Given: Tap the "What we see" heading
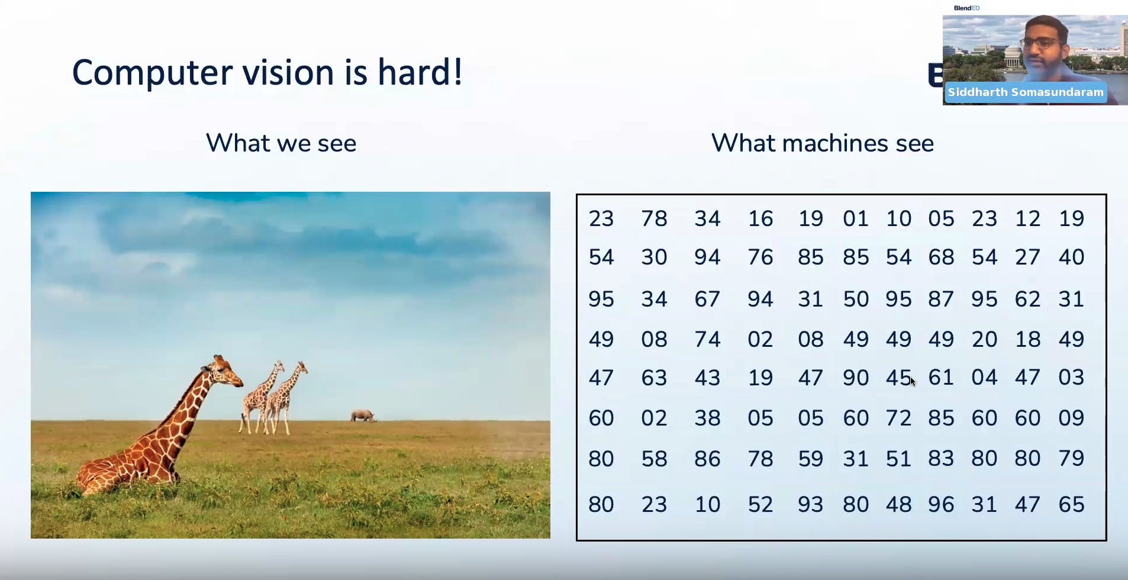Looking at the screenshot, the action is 281,143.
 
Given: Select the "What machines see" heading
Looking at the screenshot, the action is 822,143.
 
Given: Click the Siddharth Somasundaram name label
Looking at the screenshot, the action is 1026,92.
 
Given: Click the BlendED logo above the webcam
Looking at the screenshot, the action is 966,8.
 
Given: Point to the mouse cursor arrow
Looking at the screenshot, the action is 913,382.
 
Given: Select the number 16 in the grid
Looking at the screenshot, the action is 760,219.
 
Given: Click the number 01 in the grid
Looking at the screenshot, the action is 856,219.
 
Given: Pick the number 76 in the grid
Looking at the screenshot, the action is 760,257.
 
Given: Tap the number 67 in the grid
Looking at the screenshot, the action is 707,299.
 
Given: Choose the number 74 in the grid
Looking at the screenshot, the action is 707,339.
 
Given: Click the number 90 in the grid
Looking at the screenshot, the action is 856,378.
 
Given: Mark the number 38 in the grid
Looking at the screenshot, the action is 707,418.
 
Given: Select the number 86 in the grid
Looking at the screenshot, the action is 707,459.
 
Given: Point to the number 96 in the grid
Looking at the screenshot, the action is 941,504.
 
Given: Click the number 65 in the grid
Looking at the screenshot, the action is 1071,504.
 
